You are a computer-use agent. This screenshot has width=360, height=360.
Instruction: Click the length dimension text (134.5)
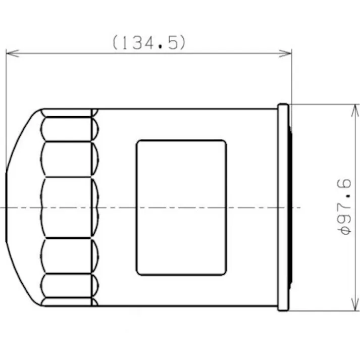point(149,42)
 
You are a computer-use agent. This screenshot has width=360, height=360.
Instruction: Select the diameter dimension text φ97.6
point(345,207)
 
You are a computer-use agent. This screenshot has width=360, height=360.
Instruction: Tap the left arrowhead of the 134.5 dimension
point(11,53)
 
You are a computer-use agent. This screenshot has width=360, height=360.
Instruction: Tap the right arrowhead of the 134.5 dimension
point(287,53)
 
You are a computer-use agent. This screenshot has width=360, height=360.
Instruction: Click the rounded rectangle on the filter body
point(181,208)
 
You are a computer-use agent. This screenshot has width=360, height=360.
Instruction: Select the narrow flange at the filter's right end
point(283,207)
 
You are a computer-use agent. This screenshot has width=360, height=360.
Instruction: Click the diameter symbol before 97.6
point(345,230)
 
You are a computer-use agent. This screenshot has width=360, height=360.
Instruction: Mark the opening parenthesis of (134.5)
point(116,42)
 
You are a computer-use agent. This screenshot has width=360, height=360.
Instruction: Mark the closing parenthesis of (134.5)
point(182,42)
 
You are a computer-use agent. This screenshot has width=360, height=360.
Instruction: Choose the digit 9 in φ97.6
point(345,218)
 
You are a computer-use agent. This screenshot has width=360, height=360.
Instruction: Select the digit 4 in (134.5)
point(150,42)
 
